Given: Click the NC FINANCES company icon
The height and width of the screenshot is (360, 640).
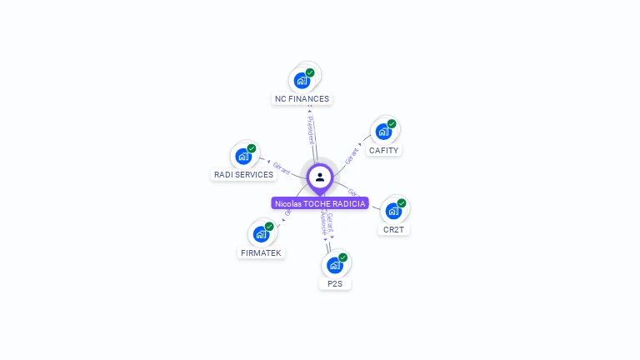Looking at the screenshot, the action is [302, 82].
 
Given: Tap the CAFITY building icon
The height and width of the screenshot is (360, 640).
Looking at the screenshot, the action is [383, 132].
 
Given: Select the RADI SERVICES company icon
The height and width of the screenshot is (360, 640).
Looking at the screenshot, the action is [243, 156].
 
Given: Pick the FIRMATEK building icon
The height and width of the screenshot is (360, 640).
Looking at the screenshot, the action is [261, 234].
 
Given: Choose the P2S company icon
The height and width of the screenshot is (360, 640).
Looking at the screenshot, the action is [334, 265].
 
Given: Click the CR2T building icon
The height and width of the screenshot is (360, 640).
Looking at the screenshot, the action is [393, 211].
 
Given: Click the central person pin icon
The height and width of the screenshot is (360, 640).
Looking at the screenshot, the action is [320, 177].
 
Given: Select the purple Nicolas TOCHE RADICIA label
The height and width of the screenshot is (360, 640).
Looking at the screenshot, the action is [320, 203].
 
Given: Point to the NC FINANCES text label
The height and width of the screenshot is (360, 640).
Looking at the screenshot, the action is [302, 99].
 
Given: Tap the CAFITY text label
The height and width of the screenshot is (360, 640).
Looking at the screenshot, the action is [384, 151].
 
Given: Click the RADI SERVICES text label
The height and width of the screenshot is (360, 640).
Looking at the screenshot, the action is [243, 175].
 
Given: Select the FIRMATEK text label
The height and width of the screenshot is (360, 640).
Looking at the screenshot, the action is [261, 252].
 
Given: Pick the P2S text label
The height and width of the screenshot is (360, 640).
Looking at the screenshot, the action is [335, 284].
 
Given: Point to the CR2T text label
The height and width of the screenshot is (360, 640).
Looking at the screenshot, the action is [394, 230].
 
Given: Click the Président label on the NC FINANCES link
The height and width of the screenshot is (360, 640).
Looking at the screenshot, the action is [311, 129].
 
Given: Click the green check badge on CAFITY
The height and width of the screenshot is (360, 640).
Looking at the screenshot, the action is [392, 124].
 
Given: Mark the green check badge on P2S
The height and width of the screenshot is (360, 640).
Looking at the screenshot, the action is [342, 257].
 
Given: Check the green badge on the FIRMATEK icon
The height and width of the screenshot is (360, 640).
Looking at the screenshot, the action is [269, 227].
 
